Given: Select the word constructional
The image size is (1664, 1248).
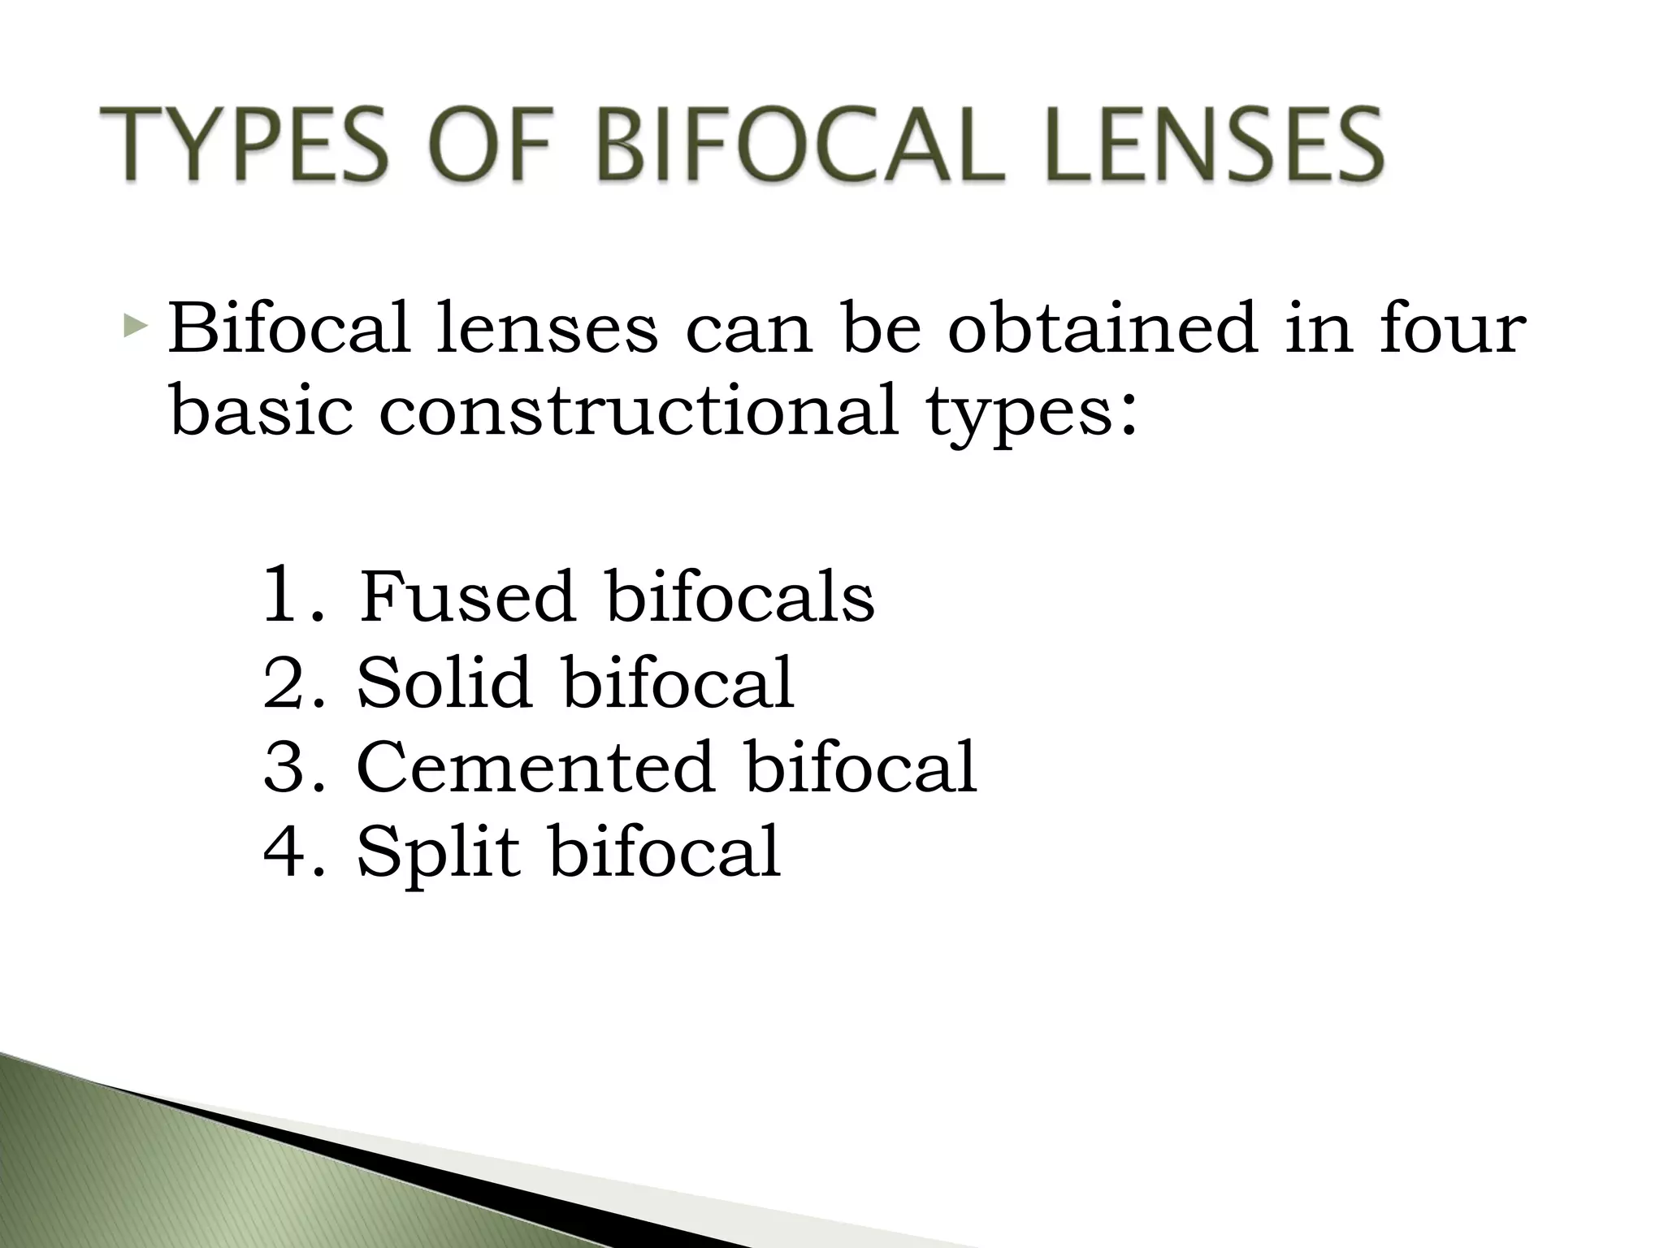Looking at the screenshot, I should click(639, 410).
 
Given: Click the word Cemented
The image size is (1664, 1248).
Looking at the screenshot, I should click(535, 767).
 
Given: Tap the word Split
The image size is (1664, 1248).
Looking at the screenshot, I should click(439, 853).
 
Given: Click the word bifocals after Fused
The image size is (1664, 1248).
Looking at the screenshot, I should click(740, 598).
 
